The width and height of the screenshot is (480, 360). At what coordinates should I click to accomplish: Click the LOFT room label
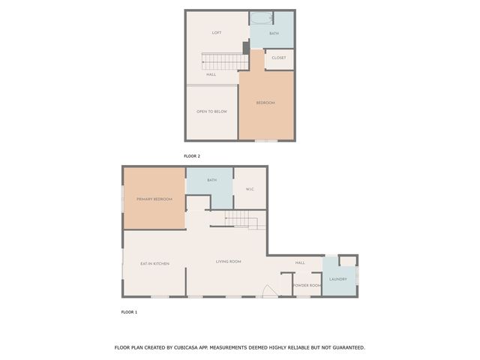[217, 33]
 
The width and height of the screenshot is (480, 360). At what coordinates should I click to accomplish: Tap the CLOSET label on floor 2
[279, 58]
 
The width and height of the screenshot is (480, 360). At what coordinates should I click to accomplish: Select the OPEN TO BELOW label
[211, 112]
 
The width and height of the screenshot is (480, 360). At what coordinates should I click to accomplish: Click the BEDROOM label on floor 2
[265, 103]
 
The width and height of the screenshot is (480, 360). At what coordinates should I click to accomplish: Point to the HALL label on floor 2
[211, 74]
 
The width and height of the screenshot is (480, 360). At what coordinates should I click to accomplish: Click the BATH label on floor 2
[274, 34]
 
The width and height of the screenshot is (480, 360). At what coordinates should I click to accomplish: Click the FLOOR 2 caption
[192, 156]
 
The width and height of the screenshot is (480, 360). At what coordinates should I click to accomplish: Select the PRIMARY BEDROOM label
[154, 199]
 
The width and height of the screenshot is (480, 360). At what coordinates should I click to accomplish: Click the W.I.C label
[250, 189]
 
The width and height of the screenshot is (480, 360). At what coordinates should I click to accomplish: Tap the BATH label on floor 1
[212, 181]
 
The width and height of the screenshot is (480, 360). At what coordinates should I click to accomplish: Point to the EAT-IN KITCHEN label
[154, 264]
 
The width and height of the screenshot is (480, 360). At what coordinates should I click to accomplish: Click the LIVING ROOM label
[228, 262]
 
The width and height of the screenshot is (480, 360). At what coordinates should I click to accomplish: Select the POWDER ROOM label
[307, 286]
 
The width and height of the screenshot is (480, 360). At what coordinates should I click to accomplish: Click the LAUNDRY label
[337, 280]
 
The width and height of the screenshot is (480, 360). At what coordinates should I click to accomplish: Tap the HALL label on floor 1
[300, 263]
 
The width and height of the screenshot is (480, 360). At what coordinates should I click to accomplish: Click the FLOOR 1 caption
[129, 311]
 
